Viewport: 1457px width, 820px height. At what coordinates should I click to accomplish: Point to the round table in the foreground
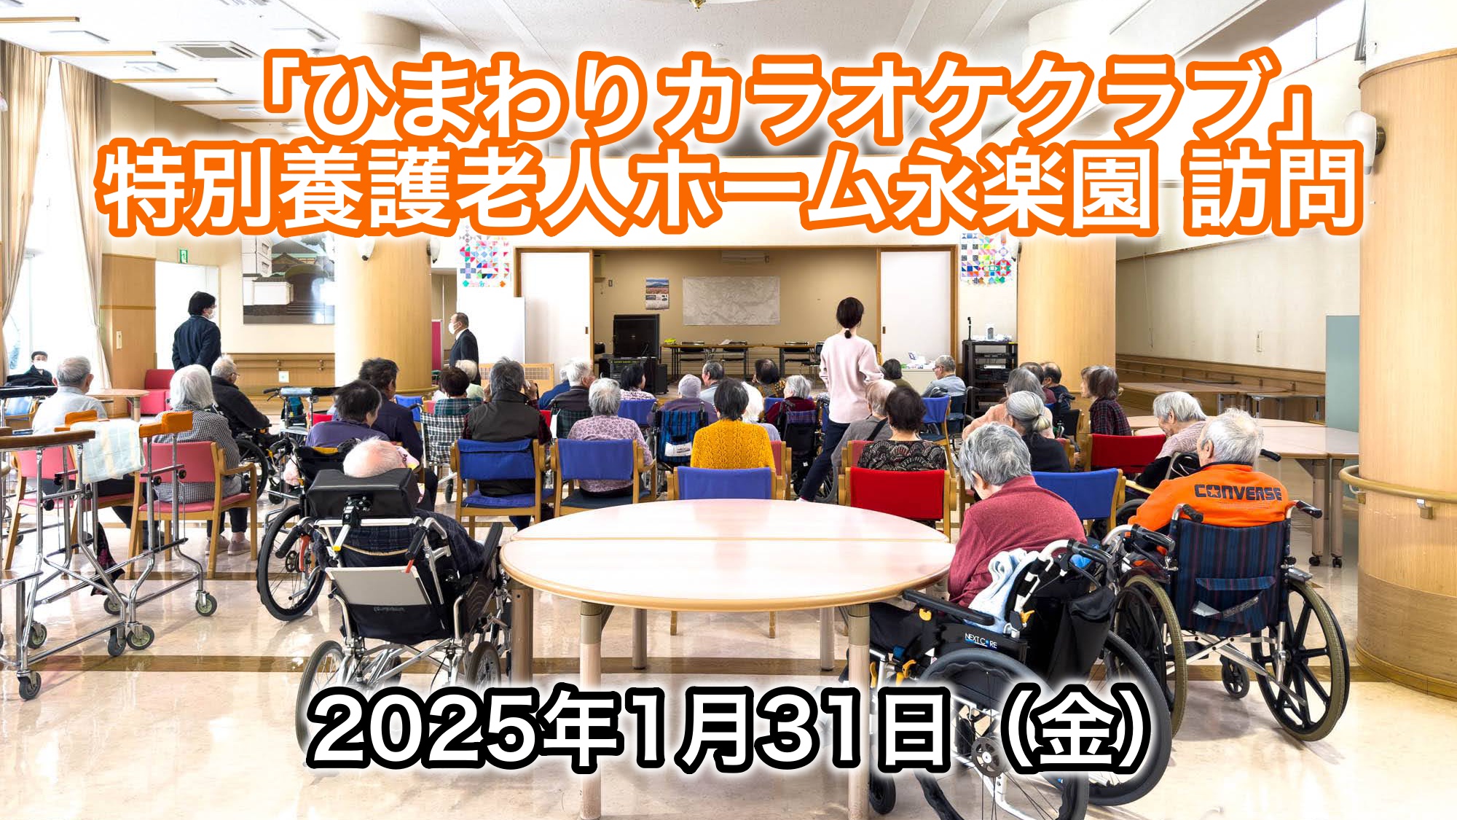[725, 554]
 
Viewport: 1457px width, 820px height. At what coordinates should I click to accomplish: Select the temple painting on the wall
[288, 281]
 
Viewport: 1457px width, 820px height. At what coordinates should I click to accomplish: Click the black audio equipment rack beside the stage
[989, 364]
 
